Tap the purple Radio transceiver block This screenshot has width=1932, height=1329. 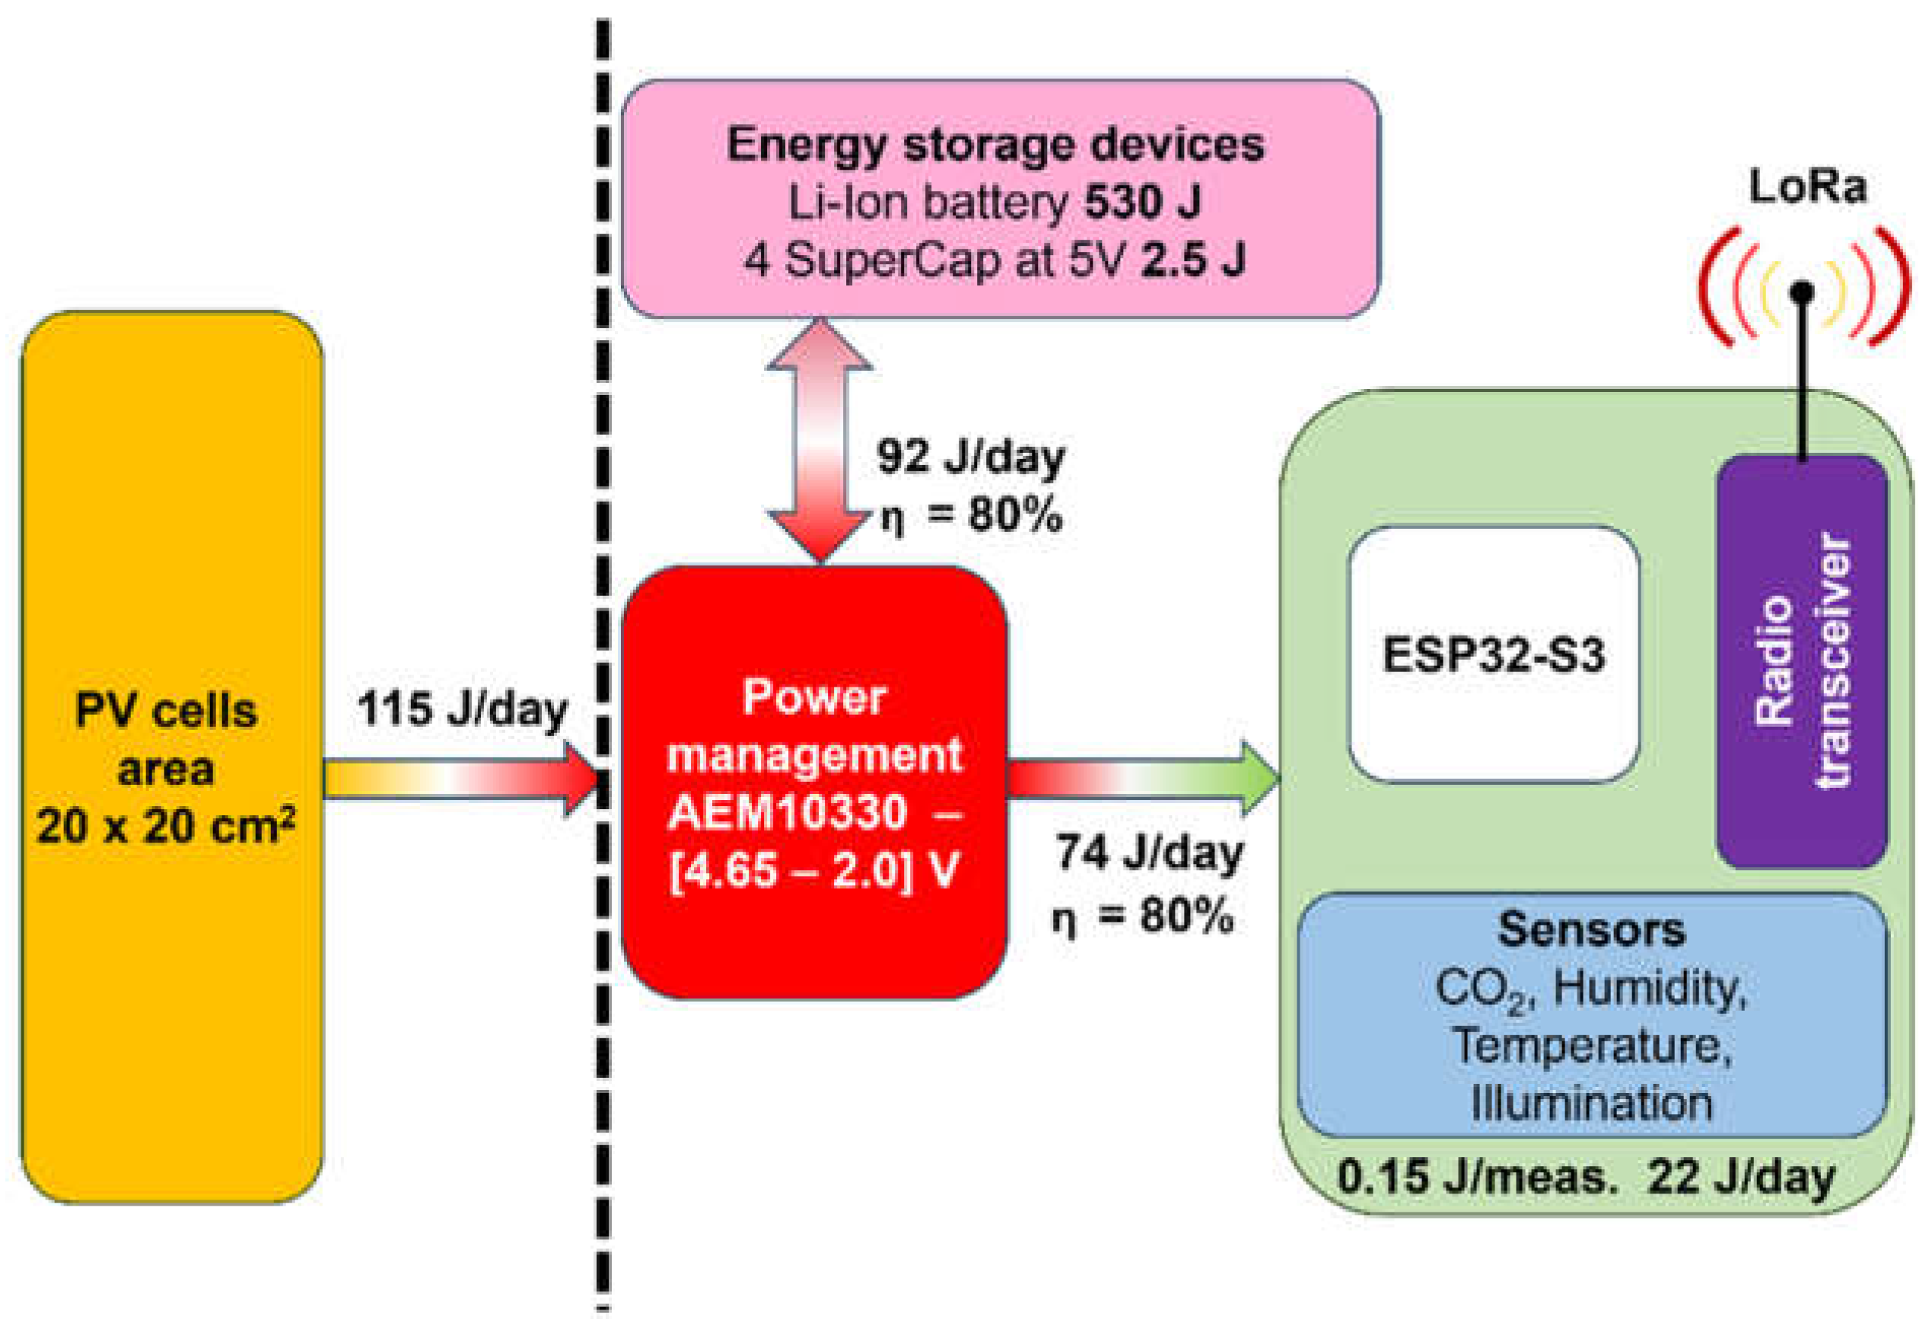pos(1801,662)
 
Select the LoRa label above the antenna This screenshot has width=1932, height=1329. pos(1807,186)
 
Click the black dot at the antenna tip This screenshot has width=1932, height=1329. pos(1802,292)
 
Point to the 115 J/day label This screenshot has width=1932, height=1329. pos(462,710)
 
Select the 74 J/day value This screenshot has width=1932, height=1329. pos(1150,853)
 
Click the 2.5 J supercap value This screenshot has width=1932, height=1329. pos(1193,260)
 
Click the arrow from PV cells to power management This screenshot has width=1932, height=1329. pos(462,779)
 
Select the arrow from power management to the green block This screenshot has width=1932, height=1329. pos(1143,778)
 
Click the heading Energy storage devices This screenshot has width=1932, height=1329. pos(995,144)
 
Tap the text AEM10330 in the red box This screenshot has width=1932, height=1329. pos(788,812)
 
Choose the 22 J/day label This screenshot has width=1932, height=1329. pos(1741,1178)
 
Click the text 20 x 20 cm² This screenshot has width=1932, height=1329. pos(166,827)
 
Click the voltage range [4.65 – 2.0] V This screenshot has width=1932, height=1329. pos(814,871)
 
